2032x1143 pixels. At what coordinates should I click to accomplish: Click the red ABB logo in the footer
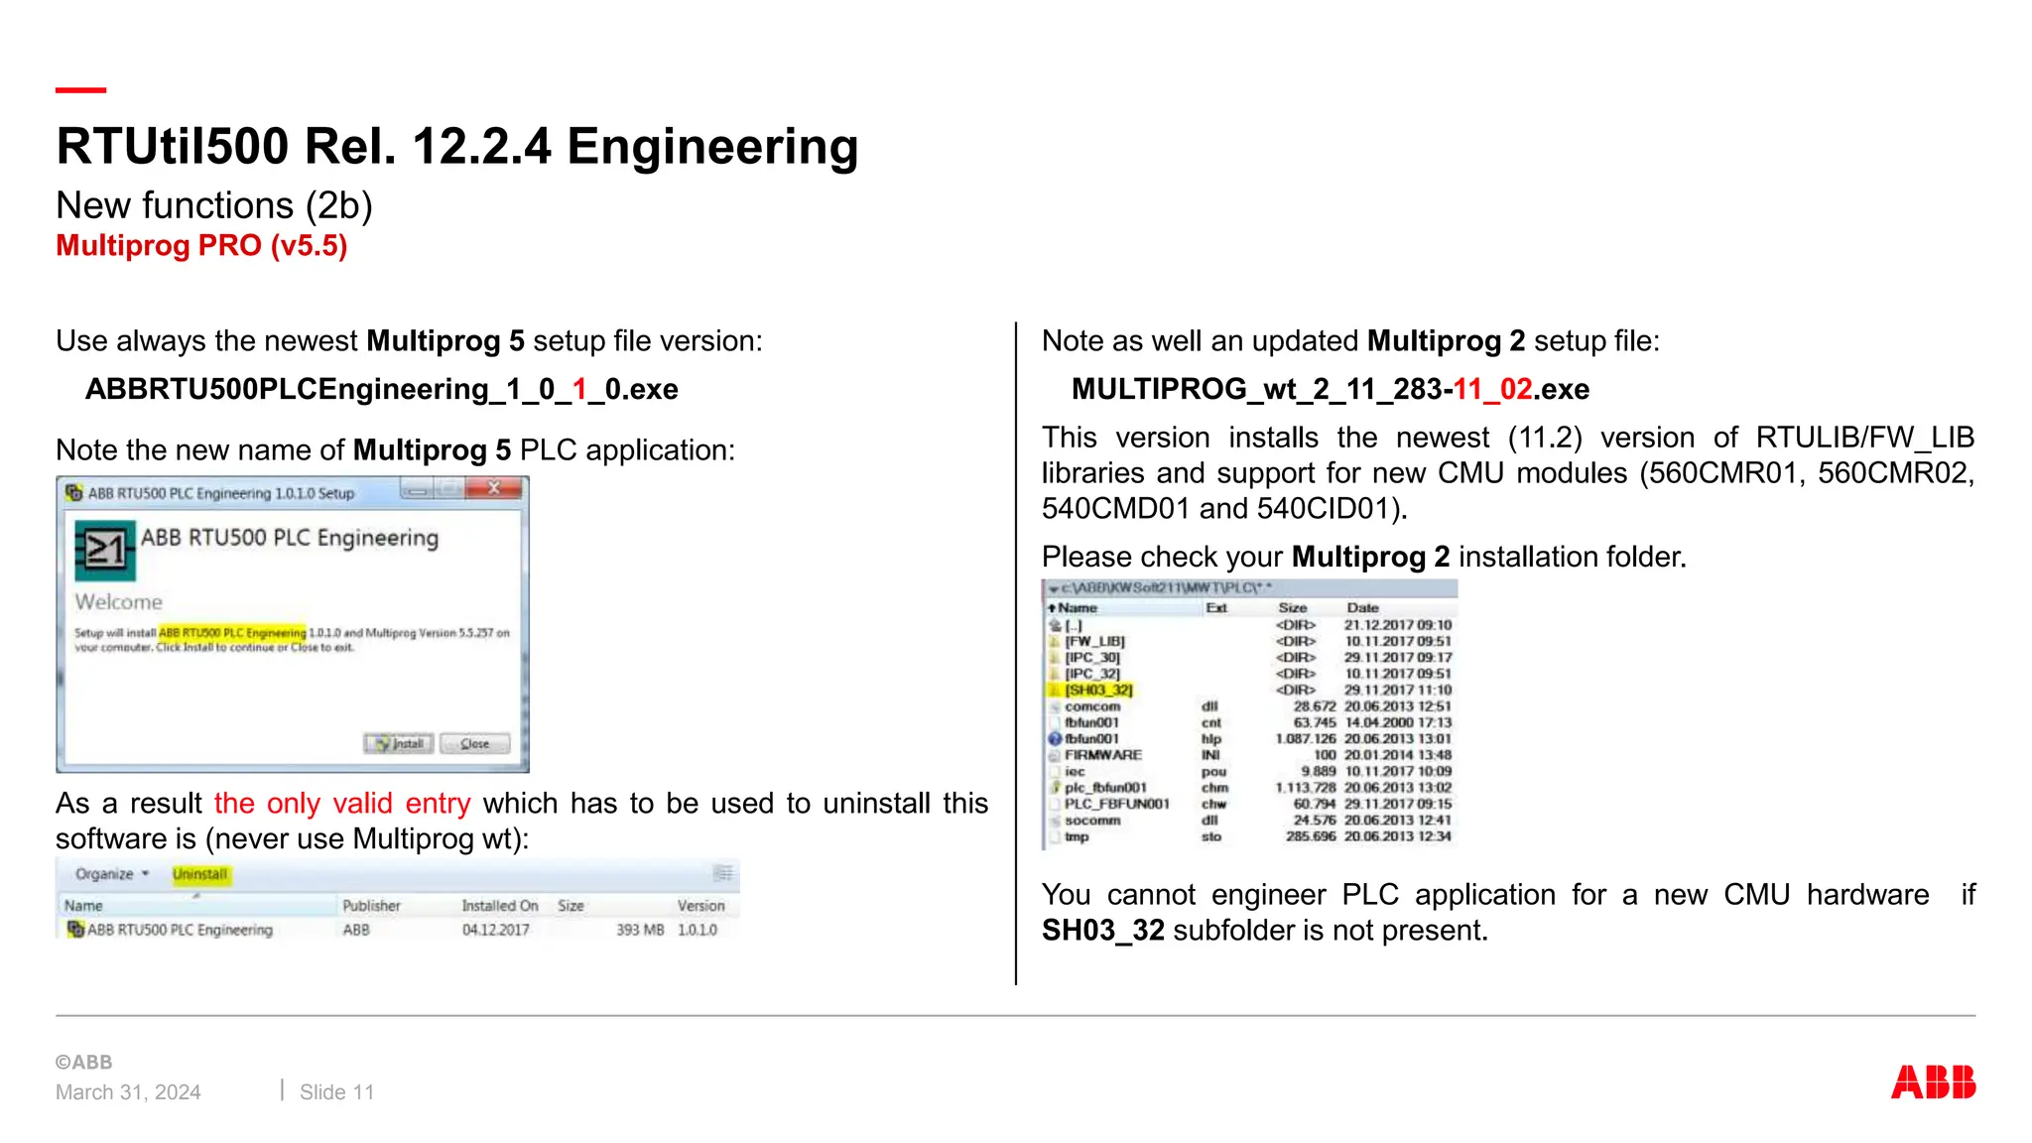click(x=1933, y=1081)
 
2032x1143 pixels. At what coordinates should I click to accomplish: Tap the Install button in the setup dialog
click(x=399, y=743)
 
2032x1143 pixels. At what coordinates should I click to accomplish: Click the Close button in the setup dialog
click(x=475, y=743)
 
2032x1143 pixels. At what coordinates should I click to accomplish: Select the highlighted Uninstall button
click(x=200, y=874)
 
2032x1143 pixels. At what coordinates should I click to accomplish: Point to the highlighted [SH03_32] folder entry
click(x=1098, y=690)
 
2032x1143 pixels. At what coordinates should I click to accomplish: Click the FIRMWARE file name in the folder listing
click(x=1103, y=755)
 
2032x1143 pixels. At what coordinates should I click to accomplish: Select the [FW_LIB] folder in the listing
click(x=1094, y=641)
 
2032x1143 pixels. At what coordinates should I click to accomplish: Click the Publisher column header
click(x=371, y=906)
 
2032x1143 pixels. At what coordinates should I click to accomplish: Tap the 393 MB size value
click(x=640, y=930)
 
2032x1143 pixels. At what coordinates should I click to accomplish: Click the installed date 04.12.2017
click(x=496, y=930)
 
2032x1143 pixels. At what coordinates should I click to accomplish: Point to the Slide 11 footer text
click(x=336, y=1092)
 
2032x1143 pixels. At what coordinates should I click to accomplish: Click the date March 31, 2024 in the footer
click(x=128, y=1092)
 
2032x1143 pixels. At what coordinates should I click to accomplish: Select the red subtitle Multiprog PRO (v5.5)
click(x=201, y=245)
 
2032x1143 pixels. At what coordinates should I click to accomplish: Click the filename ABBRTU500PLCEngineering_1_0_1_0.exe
click(x=382, y=389)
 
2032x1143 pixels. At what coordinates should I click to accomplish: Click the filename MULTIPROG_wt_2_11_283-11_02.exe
click(x=1330, y=389)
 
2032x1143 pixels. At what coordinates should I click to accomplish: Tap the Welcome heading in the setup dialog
click(x=118, y=602)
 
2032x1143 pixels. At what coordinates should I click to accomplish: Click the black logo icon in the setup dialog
click(x=104, y=549)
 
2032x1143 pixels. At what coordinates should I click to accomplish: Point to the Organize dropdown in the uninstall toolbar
click(x=111, y=874)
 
